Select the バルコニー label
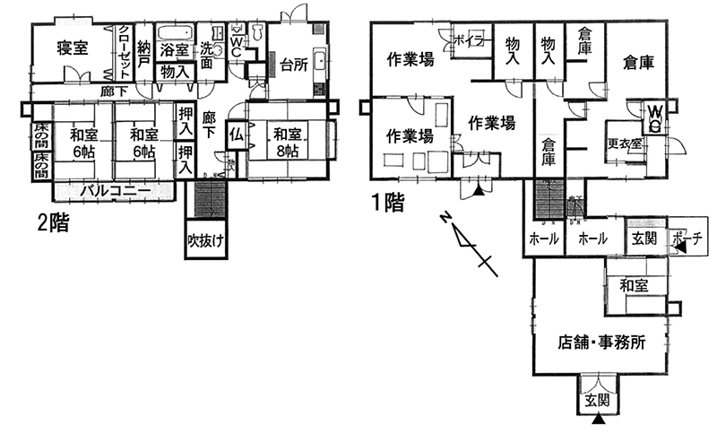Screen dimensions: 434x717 [x=113, y=190]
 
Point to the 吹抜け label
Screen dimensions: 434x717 [x=204, y=241]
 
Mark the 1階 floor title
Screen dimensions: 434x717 [x=387, y=203]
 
